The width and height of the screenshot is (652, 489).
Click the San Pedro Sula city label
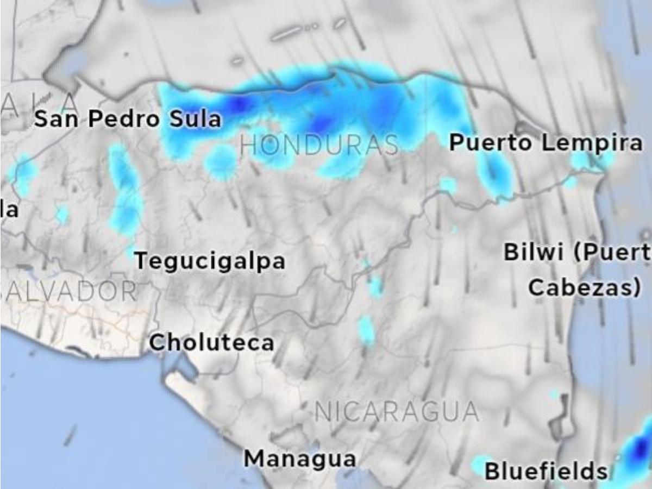(128, 119)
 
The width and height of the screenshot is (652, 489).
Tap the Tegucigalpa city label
(210, 261)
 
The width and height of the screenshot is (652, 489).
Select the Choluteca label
(211, 343)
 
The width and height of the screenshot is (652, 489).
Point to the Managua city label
(300, 459)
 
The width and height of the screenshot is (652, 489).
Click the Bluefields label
(546, 471)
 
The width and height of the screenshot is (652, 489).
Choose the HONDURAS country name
(319, 146)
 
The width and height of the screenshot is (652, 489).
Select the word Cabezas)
(585, 288)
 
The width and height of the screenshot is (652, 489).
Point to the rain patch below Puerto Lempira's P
(494, 173)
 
